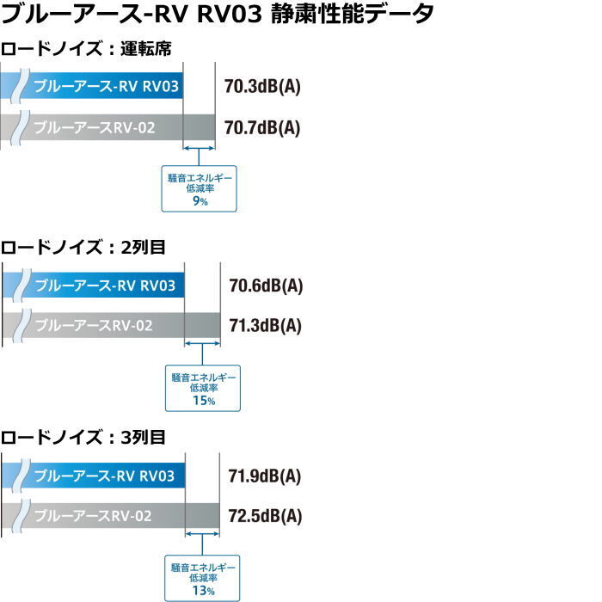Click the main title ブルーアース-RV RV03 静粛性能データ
click(x=218, y=14)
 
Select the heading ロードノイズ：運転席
click(x=86, y=49)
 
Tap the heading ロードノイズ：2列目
click(x=83, y=247)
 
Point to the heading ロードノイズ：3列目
click(x=83, y=437)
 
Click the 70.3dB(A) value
click(x=262, y=86)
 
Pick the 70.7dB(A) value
click(x=262, y=127)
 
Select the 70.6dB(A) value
click(x=266, y=286)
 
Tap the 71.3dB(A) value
click(x=265, y=326)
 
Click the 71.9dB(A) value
click(x=265, y=476)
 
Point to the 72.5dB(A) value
click(x=265, y=516)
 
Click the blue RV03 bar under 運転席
click(x=91, y=85)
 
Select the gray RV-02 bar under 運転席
click(x=107, y=127)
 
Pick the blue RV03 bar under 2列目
click(x=93, y=285)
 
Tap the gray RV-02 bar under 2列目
click(x=111, y=325)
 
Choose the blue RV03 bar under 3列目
click(x=93, y=476)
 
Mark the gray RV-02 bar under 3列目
click(x=111, y=515)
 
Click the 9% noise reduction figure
click(x=200, y=200)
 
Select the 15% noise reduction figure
click(x=204, y=401)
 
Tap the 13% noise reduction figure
click(x=203, y=591)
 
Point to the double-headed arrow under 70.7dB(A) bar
click(x=199, y=148)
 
